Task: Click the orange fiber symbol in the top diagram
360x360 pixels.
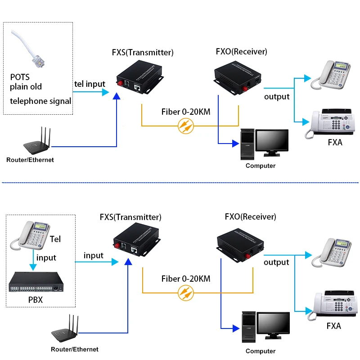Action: click(x=186, y=126)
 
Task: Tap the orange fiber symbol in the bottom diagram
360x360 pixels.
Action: click(x=186, y=293)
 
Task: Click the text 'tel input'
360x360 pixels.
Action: click(x=90, y=84)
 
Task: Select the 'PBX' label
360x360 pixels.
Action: click(x=35, y=299)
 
